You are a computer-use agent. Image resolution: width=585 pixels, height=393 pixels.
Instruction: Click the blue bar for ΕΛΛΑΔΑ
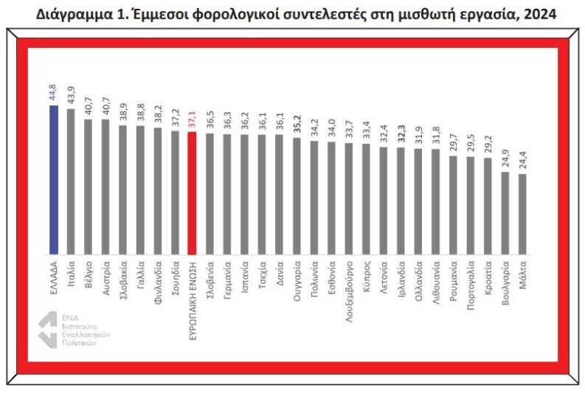tap(54, 180)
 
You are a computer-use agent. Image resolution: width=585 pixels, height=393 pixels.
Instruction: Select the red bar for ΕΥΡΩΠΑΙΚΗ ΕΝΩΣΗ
tap(192, 193)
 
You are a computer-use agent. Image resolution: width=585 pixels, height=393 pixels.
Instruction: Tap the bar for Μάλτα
tap(522, 215)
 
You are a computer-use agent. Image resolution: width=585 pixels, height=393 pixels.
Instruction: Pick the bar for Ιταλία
tap(71, 182)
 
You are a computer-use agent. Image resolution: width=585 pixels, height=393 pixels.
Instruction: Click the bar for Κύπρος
tap(366, 200)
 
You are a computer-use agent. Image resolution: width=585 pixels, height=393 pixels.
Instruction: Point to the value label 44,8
tap(52, 92)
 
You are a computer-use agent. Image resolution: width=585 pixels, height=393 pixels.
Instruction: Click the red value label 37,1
tap(192, 119)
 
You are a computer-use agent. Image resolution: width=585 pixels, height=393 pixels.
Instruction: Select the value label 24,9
tap(505, 159)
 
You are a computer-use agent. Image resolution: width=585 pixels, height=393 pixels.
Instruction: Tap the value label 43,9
tap(71, 95)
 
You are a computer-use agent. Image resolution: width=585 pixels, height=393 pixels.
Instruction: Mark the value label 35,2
tap(297, 125)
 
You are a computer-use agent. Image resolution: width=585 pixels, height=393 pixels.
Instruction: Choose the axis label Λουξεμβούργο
tap(349, 291)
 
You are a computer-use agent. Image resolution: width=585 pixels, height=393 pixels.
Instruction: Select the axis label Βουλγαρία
tap(505, 283)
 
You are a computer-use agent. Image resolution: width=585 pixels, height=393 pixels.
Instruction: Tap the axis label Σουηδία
tap(176, 278)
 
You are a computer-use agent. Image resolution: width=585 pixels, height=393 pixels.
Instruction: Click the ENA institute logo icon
tap(48, 330)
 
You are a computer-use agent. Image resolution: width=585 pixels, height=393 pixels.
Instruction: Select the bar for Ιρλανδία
tap(401, 201)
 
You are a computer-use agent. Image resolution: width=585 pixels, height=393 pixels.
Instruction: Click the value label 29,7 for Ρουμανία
tap(453, 142)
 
